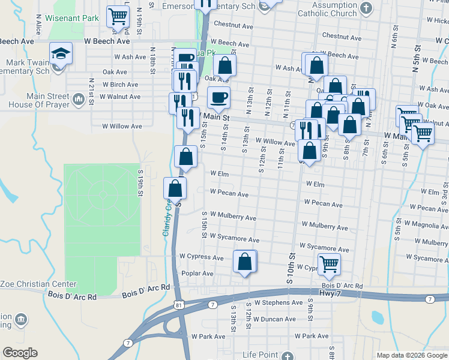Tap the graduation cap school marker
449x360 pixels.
pos(61,54)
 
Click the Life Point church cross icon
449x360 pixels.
pos(291,355)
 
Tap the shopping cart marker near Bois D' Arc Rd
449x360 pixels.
pos(329,264)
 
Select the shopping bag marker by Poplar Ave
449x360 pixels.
pos(244,262)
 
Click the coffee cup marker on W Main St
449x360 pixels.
pos(219,97)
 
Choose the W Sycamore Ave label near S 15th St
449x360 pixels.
pos(234,238)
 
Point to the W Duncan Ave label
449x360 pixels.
pos(274,319)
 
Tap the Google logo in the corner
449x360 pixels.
pos(20,353)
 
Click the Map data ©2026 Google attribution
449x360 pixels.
pos(411,355)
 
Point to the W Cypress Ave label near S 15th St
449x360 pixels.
pos(201,256)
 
